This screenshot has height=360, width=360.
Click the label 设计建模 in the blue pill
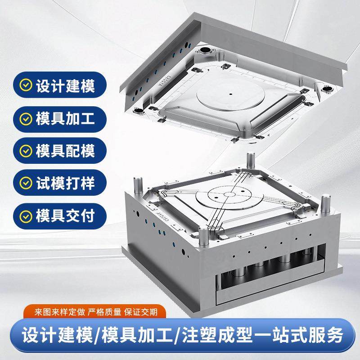pyautogui.click(x=65, y=85)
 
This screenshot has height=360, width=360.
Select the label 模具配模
pyautogui.click(x=65, y=151)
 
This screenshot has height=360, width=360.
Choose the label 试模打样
pyautogui.click(x=65, y=184)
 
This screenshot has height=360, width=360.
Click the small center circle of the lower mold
pyautogui.click(x=231, y=194)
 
